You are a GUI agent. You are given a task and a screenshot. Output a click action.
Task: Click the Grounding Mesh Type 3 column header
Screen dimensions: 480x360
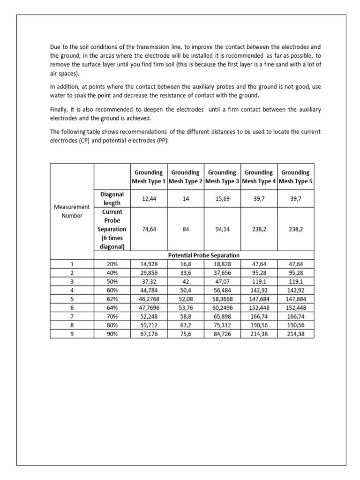(x=222, y=177)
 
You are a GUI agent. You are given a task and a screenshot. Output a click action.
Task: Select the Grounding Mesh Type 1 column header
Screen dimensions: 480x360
(x=149, y=177)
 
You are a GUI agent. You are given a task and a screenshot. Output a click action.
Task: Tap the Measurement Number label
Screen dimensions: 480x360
(x=72, y=211)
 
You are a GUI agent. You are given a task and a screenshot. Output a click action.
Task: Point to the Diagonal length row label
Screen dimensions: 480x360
(x=112, y=199)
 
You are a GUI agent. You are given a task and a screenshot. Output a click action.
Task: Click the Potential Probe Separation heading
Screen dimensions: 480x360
(x=204, y=255)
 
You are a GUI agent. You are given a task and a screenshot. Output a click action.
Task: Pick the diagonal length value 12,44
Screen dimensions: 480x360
(x=149, y=199)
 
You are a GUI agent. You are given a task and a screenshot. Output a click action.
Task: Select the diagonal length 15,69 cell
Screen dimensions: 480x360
(x=222, y=199)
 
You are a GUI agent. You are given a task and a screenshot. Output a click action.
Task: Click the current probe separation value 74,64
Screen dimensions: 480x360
(x=149, y=230)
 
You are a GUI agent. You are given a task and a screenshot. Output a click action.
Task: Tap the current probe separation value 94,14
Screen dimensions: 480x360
(x=222, y=230)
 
